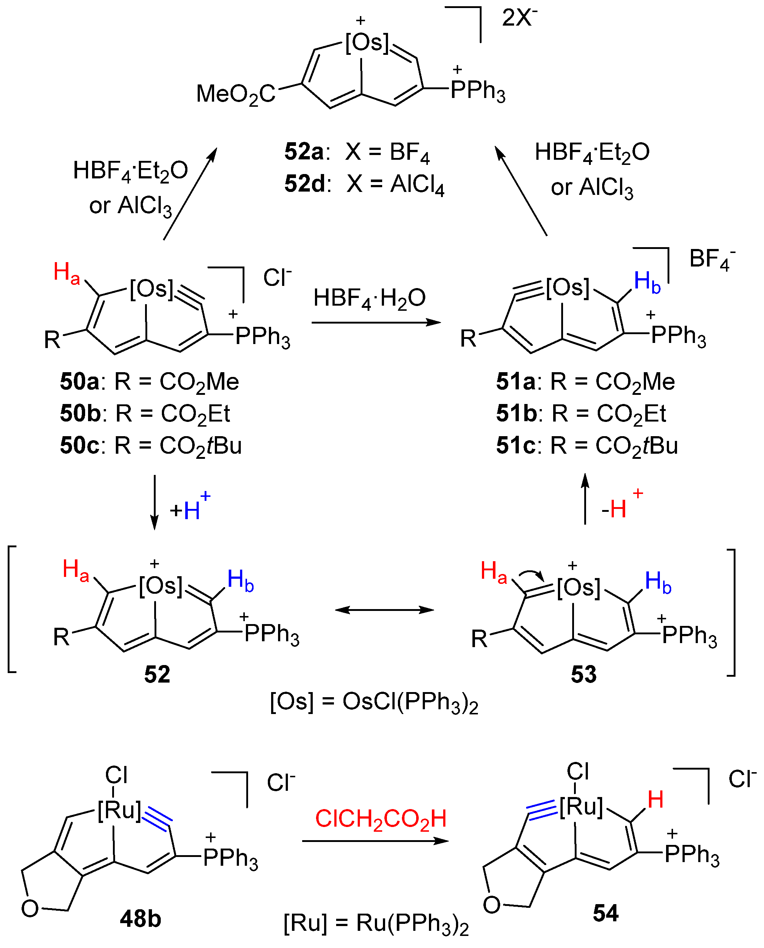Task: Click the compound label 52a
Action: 304,152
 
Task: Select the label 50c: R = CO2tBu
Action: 151,446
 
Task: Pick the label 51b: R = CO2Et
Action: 581,414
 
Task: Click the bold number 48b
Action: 140,919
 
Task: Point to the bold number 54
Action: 605,913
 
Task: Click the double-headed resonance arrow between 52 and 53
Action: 384,610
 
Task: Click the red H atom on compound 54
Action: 655,800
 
